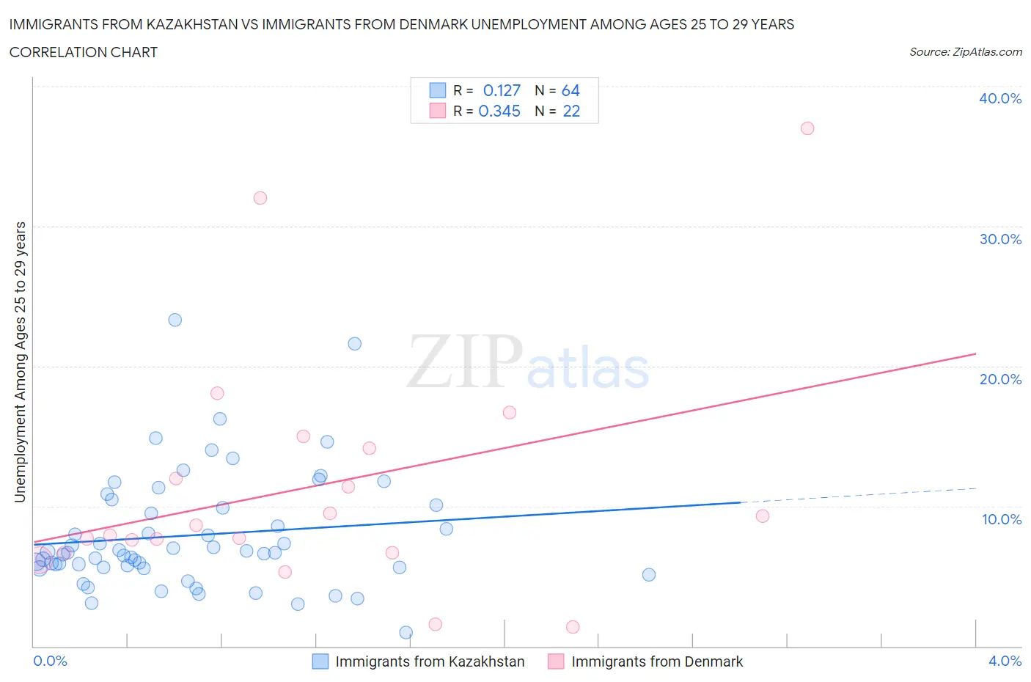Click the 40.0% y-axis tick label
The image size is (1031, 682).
pos(1000,98)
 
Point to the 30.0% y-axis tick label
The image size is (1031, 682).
pos(1000,239)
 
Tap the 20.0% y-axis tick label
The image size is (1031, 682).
pos(1000,379)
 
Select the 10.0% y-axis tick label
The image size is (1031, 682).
pos(1001,519)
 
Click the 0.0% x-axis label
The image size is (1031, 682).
pos(50,661)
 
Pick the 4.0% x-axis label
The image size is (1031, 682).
pos(1005,661)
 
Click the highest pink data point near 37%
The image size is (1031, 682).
pos(807,128)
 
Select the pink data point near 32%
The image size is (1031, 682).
pos(260,198)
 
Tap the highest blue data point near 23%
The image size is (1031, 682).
pos(175,320)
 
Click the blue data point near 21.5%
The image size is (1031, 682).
pos(355,344)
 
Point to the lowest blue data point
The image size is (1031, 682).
pos(406,632)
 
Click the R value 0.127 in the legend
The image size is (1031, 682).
pos(502,90)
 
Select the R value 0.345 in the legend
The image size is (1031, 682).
pos(499,111)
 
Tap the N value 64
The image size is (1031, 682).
pos(570,90)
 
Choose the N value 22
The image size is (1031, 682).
pos(571,111)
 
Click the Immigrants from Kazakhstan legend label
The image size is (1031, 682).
pos(430,661)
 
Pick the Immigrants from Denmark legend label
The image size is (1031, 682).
pos(657,661)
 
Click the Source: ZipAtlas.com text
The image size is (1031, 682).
pos(965,52)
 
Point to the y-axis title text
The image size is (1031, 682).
pos(20,362)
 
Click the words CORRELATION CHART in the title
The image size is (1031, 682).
pos(84,52)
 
